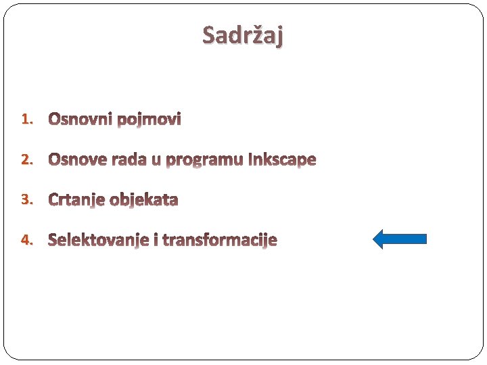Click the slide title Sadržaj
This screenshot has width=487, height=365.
click(x=243, y=35)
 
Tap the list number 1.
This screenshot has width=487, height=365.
click(x=26, y=120)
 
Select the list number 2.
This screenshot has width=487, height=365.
click(x=26, y=160)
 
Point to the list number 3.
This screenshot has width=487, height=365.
click(x=26, y=199)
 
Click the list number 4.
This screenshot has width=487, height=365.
click(x=26, y=240)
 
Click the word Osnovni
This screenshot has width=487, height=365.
click(x=80, y=120)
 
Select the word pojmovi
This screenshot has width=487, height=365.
click(x=149, y=120)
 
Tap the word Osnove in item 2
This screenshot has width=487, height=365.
click(x=78, y=160)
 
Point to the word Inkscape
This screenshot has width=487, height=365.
click(x=283, y=160)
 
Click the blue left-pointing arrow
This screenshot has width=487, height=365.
click(x=400, y=239)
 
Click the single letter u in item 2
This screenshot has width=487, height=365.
click(x=156, y=160)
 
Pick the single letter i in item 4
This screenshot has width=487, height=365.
click(x=156, y=240)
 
